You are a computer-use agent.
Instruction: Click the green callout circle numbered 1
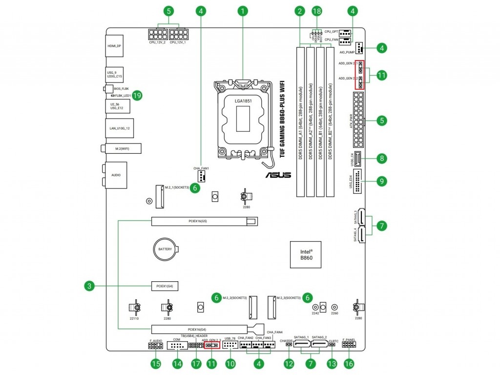243,10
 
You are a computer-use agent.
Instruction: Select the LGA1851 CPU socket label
243,101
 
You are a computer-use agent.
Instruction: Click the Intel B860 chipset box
306,254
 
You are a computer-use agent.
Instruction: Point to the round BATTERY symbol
165,249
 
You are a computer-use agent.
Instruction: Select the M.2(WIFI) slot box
123,148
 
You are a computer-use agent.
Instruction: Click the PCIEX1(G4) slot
165,285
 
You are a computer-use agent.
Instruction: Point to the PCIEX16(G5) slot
204,222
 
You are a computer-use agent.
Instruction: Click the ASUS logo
278,174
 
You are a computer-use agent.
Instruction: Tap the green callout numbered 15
155,364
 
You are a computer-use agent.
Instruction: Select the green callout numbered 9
381,181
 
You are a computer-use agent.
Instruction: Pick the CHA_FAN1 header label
201,168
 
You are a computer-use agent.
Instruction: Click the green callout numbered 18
317,10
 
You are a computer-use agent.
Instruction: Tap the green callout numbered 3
88,286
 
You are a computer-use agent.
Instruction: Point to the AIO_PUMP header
360,48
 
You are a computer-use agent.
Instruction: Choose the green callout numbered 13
332,364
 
